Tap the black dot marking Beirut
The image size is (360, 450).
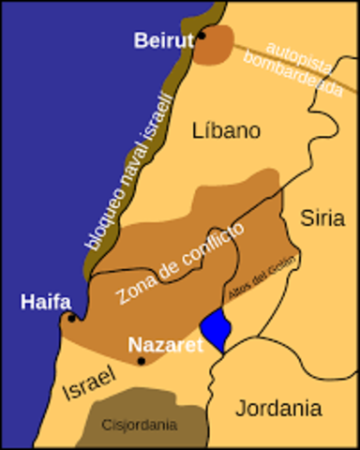201,37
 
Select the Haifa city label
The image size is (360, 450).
44,301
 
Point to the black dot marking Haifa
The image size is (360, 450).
71,318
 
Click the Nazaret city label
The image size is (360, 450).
165,343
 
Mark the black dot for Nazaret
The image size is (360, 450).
142,360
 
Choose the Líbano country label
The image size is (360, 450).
225,130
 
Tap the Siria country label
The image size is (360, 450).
322,217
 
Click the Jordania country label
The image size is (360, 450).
277,408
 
